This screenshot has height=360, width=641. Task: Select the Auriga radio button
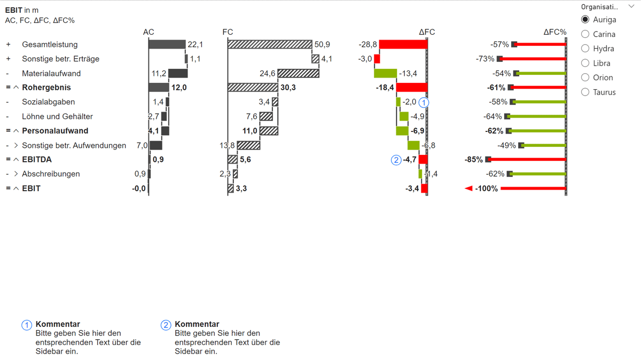(585, 20)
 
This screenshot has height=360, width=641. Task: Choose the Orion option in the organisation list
(585, 77)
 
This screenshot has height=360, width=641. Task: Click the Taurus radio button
(585, 92)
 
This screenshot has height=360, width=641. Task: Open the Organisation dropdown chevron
(631, 7)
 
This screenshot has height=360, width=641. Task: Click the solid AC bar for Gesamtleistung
(167, 44)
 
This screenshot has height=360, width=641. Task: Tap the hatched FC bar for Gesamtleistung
(270, 44)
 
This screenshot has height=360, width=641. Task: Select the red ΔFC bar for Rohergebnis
(412, 87)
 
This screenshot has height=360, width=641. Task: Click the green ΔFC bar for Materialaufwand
(386, 73)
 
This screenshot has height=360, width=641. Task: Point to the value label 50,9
(322, 44)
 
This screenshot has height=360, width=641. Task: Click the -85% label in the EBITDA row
(474, 159)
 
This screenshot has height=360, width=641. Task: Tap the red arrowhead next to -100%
(468, 188)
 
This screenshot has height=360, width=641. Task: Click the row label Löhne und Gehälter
(57, 116)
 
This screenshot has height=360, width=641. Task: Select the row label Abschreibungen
(51, 174)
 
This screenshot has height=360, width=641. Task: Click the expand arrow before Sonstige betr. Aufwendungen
(16, 145)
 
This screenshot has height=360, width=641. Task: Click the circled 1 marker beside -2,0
(424, 102)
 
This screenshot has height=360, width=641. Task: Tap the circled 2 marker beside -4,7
(396, 160)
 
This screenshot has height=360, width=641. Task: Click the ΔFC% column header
(554, 32)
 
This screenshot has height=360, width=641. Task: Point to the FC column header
(228, 32)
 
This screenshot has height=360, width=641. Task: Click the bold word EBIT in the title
(14, 10)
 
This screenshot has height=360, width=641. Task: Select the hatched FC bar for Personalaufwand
(269, 131)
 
